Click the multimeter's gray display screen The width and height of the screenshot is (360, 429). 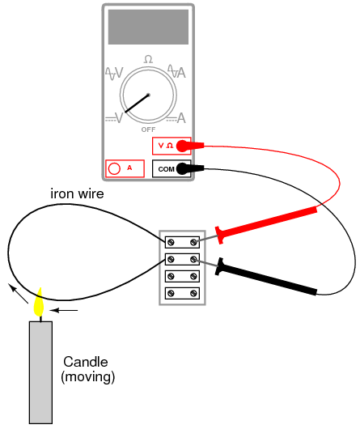tap(148, 27)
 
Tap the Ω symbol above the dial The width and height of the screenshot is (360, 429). tap(148, 59)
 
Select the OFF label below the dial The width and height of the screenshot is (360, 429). tap(148, 130)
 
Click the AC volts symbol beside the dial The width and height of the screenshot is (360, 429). tap(114, 74)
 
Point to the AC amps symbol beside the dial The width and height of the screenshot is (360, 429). tap(176, 71)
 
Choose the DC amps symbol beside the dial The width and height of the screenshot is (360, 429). tap(176, 118)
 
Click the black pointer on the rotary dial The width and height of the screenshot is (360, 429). tap(137, 104)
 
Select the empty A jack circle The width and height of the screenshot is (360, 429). tap(114, 168)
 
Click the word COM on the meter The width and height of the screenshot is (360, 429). tap(166, 169)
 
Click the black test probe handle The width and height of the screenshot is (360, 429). tap(266, 276)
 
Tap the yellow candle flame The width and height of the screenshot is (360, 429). tap(39, 303)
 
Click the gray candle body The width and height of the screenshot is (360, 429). tap(40, 372)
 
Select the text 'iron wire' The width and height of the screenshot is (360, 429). tap(77, 194)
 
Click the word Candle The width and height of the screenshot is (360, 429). tap(86, 362)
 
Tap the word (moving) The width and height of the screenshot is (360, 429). tap(87, 377)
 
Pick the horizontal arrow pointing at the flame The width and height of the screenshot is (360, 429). tap(64, 310)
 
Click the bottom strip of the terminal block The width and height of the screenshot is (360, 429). tap(182, 293)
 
